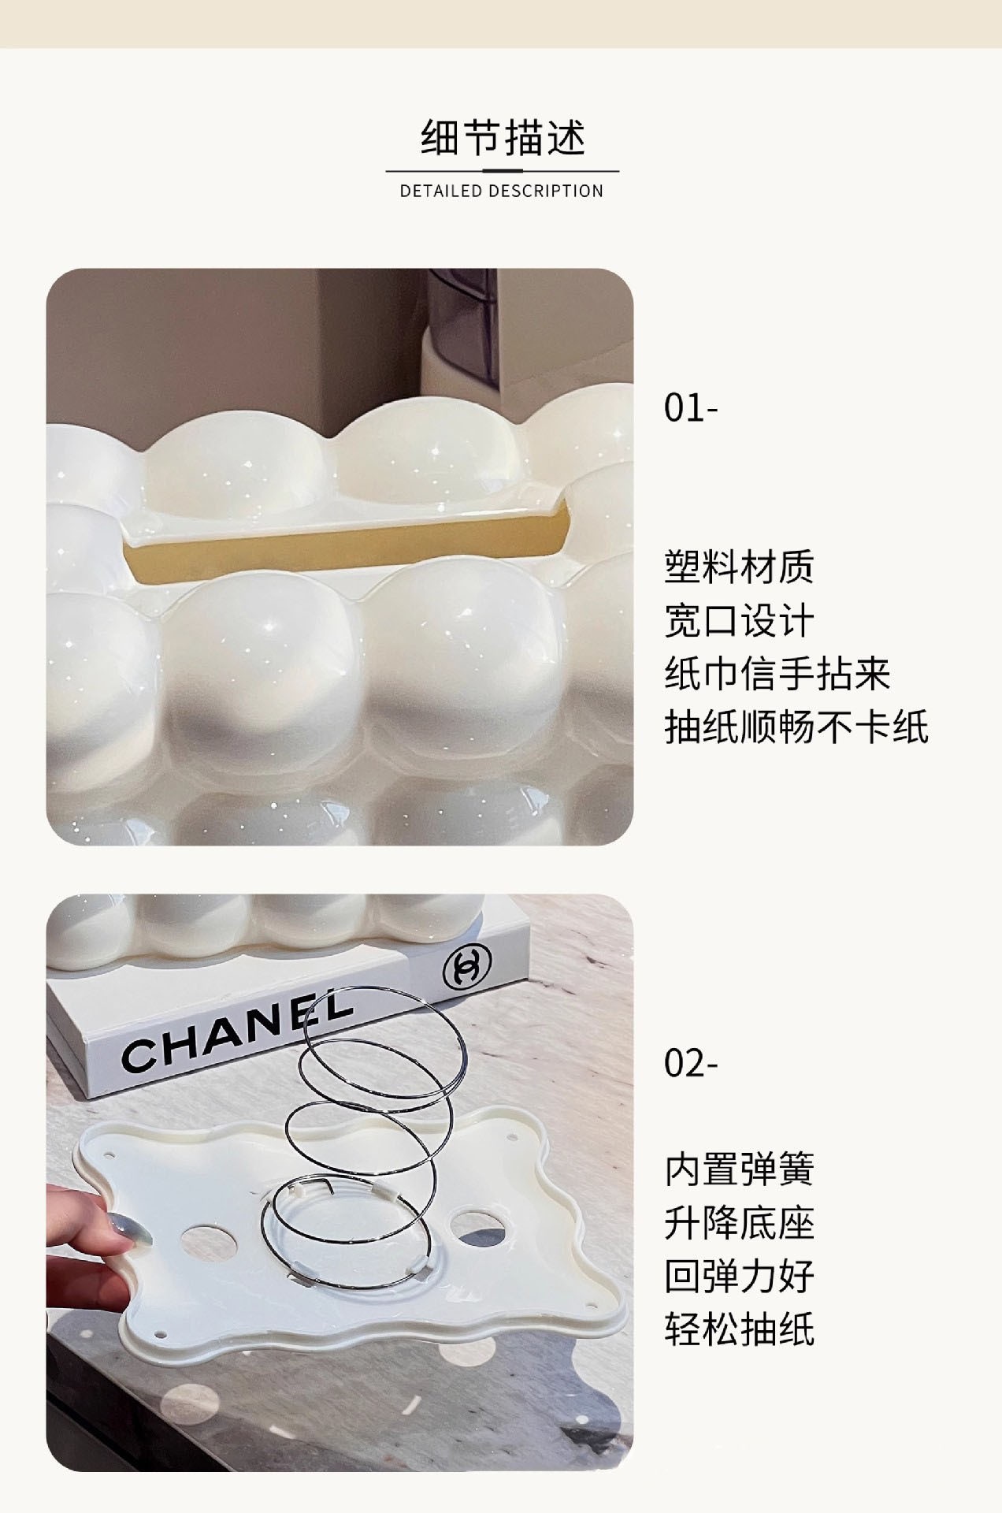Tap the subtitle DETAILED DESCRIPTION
pyautogui.click(x=502, y=191)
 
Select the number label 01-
pyautogui.click(x=691, y=408)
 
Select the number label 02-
pyautogui.click(x=691, y=1064)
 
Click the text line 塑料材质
pyautogui.click(x=739, y=567)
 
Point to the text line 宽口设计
pyautogui.click(x=739, y=620)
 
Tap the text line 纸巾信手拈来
pyautogui.click(x=777, y=674)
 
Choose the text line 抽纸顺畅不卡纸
pyautogui.click(x=796, y=727)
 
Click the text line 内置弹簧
pyautogui.click(x=739, y=1169)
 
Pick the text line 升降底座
pyautogui.click(x=739, y=1223)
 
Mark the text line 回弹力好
pyautogui.click(x=739, y=1277)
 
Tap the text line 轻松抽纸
pyautogui.click(x=739, y=1329)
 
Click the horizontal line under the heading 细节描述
pyautogui.click(x=502, y=170)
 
